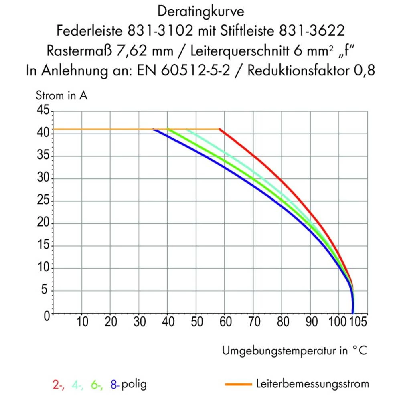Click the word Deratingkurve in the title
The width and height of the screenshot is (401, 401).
click(200, 12)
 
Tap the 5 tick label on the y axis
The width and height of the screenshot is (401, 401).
click(46, 291)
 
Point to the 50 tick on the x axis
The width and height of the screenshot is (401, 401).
click(196, 322)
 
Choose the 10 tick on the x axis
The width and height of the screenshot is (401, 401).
click(82, 322)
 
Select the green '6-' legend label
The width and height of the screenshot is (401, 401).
click(97, 385)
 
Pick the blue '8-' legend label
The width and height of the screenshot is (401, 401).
click(115, 385)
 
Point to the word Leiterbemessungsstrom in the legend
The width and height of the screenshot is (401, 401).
click(312, 384)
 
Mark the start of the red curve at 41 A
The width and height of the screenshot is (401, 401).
click(220, 129)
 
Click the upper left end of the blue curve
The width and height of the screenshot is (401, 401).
click(154, 130)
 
